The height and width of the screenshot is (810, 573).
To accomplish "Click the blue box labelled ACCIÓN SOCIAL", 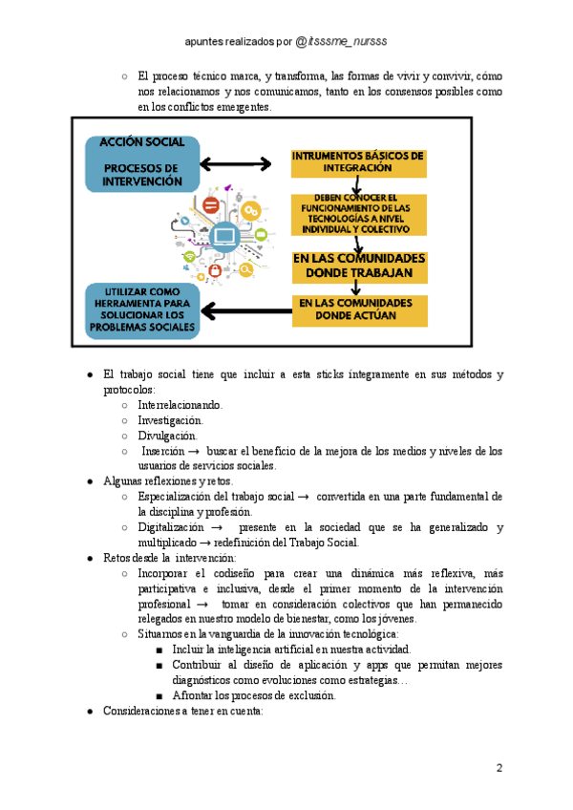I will tap(142, 161).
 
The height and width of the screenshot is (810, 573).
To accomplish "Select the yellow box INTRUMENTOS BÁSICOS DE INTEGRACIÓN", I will tap(357, 162).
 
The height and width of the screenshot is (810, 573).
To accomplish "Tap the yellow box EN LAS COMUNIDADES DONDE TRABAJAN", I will tap(358, 266).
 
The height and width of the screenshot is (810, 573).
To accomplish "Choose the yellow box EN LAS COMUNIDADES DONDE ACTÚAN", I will tap(358, 309).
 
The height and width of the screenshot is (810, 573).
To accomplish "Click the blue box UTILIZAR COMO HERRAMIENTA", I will tap(142, 309).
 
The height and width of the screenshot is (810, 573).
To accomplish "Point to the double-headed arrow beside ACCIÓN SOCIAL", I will tap(236, 163).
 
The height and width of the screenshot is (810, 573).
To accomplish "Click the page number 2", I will tap(499, 768).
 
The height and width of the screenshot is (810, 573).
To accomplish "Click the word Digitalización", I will tap(171, 527).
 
